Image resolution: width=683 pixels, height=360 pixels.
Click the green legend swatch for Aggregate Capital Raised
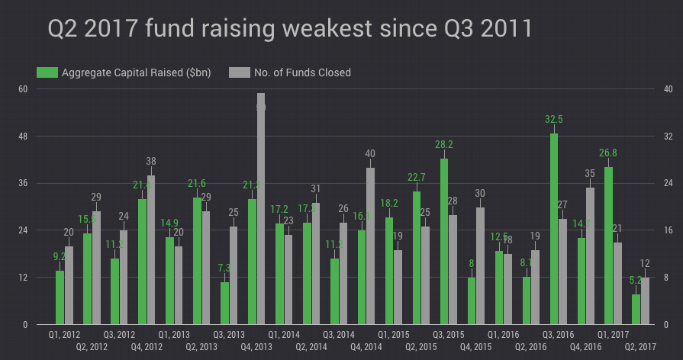click(47, 72)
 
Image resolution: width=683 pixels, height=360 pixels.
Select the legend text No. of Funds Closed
click(301, 72)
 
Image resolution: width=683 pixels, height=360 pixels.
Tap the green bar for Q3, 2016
click(554, 229)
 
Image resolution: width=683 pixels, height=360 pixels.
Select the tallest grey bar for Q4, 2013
click(261, 210)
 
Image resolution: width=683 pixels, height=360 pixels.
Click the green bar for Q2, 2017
click(636, 309)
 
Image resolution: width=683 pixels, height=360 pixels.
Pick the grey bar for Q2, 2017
click(646, 301)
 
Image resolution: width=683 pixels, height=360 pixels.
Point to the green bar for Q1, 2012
click(60, 297)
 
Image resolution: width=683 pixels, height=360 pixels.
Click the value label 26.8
click(608, 153)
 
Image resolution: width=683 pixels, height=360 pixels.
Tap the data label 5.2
click(636, 280)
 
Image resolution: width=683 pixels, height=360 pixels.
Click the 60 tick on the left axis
click(23, 88)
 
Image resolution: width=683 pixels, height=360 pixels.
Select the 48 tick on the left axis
click(23, 136)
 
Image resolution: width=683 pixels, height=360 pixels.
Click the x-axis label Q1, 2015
click(394, 335)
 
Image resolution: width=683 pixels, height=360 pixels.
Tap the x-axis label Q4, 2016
click(586, 347)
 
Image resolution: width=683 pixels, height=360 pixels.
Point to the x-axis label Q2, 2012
click(92, 347)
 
